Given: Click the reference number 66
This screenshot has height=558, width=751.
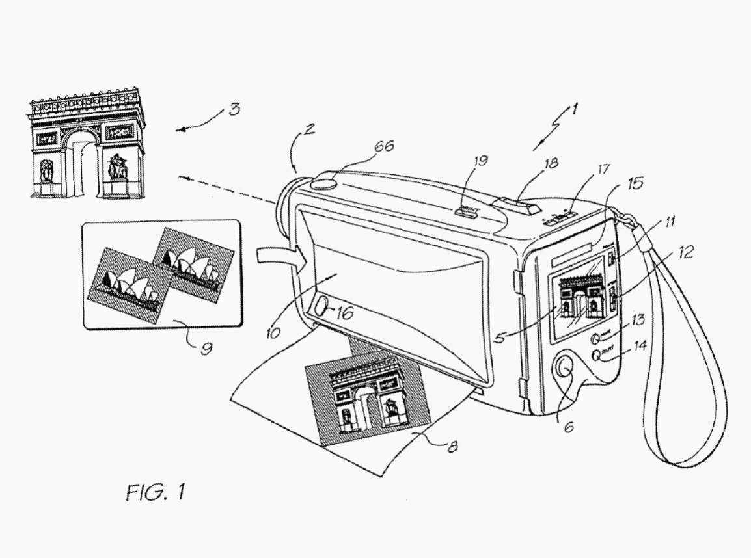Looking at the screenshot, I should [x=383, y=147].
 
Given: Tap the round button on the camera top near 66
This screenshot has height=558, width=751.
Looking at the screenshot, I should [x=323, y=183].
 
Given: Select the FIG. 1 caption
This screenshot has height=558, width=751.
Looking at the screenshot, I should [x=155, y=491].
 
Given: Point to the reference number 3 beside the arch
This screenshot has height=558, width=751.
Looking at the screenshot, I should [x=234, y=108].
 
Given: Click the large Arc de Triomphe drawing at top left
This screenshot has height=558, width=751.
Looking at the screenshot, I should [x=87, y=144].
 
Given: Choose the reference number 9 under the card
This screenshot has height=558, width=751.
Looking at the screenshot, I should [x=206, y=349].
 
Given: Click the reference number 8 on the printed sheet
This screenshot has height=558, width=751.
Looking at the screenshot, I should [x=452, y=446].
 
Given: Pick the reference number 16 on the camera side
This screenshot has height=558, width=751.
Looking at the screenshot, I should [x=343, y=313].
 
